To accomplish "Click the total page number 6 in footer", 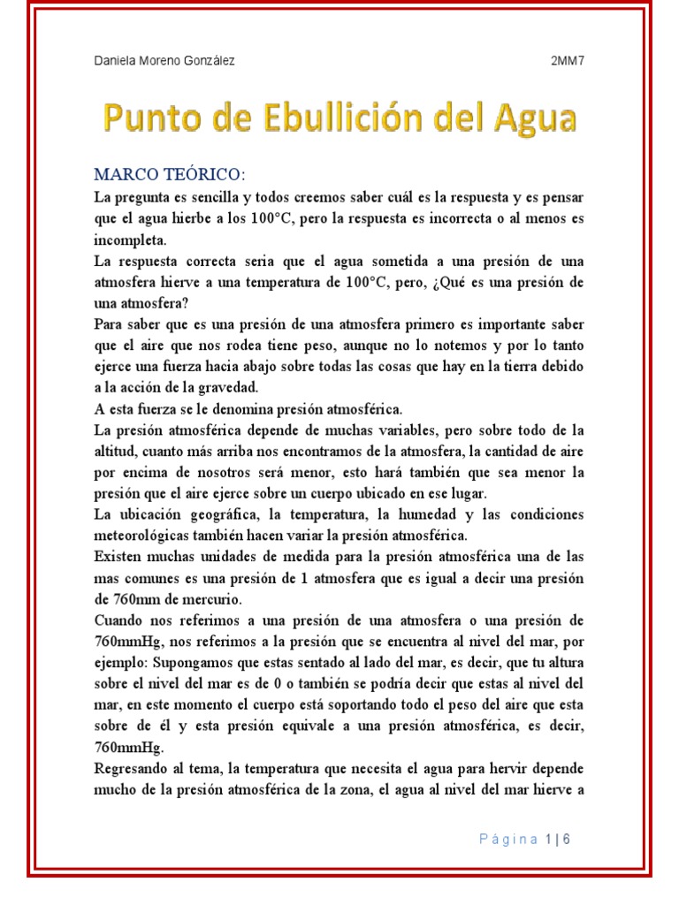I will [x=566, y=839].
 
